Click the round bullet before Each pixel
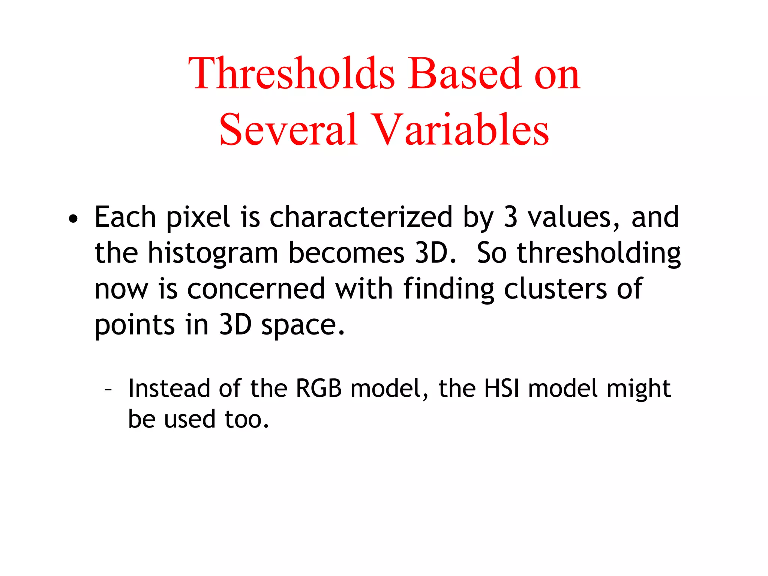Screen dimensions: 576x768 (73, 219)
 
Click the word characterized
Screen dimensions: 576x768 (361, 217)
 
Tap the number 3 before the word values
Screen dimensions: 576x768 (510, 217)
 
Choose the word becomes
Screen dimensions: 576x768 (346, 253)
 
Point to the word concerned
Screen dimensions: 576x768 (256, 289)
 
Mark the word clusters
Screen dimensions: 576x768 (555, 289)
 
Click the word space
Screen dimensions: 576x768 (302, 325)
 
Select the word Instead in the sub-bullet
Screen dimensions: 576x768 (169, 388)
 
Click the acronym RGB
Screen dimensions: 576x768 (319, 388)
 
